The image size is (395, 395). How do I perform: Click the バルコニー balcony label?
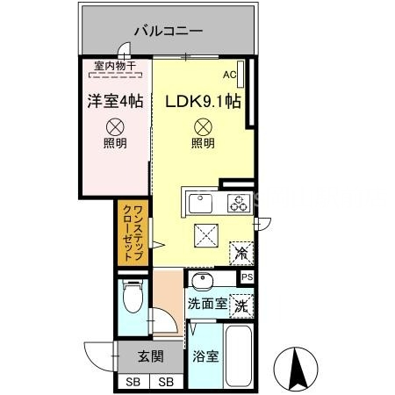[169, 31]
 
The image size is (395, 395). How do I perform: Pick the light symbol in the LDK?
[203, 126]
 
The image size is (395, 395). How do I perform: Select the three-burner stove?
[238, 205]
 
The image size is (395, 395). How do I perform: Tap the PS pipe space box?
[247, 278]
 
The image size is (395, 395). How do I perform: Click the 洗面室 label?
[206, 305]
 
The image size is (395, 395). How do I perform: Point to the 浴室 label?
[205, 358]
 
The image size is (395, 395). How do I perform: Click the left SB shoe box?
[133, 383]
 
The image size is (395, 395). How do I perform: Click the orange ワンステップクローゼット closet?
[128, 233]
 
